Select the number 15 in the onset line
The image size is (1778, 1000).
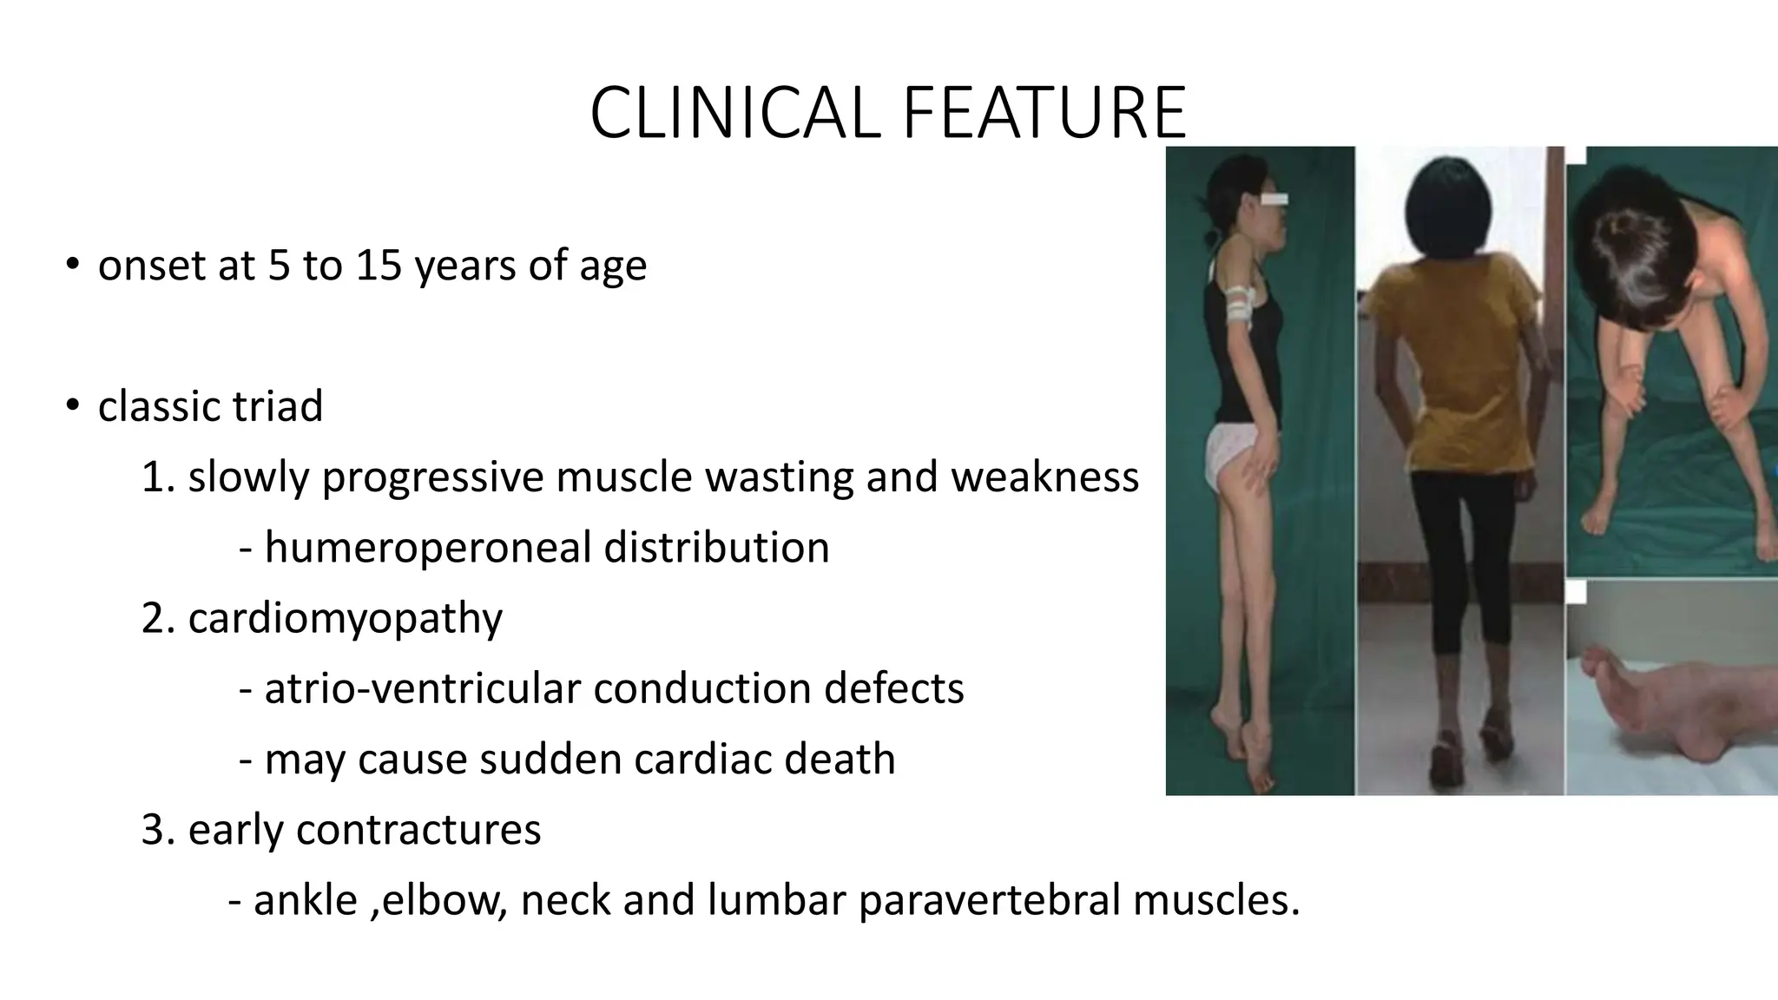379,265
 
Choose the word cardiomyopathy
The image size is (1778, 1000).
345,619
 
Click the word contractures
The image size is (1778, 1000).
418,830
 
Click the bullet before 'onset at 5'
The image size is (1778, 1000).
72,265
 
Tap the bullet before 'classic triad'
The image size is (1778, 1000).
72,406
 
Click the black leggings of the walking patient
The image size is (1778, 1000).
1459,556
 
